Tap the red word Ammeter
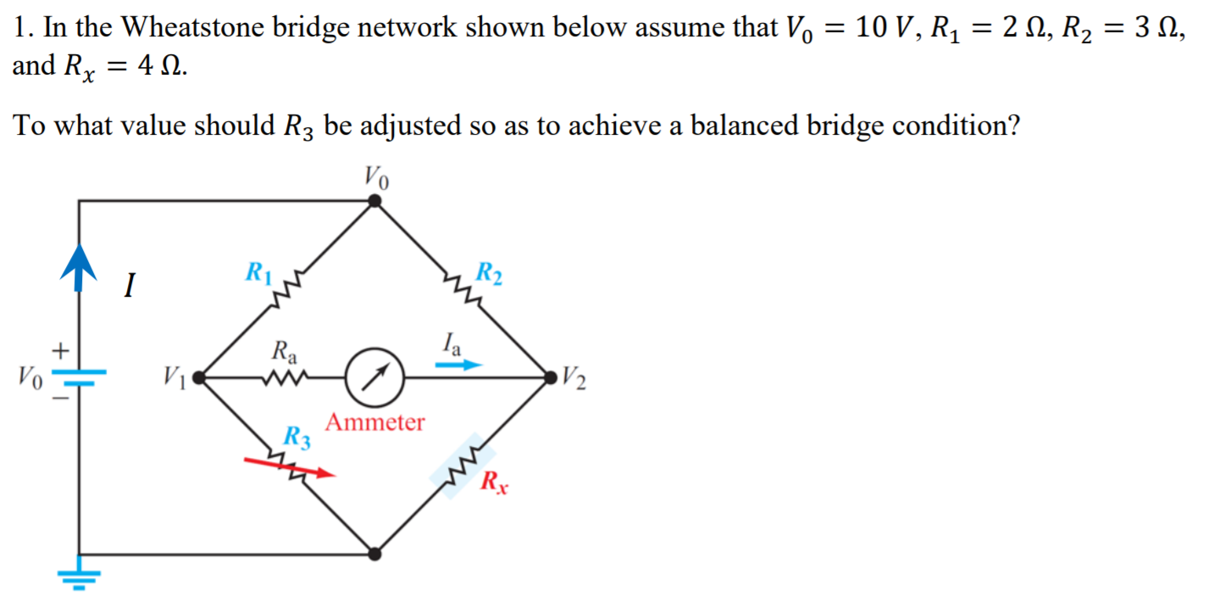coord(375,421)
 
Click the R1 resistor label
coord(258,273)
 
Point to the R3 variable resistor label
coord(296,438)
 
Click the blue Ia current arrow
coord(458,365)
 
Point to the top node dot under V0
coord(375,201)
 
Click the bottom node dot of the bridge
coord(375,554)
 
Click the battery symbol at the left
coord(79,376)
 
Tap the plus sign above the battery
coord(59,349)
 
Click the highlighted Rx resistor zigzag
coord(463,465)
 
